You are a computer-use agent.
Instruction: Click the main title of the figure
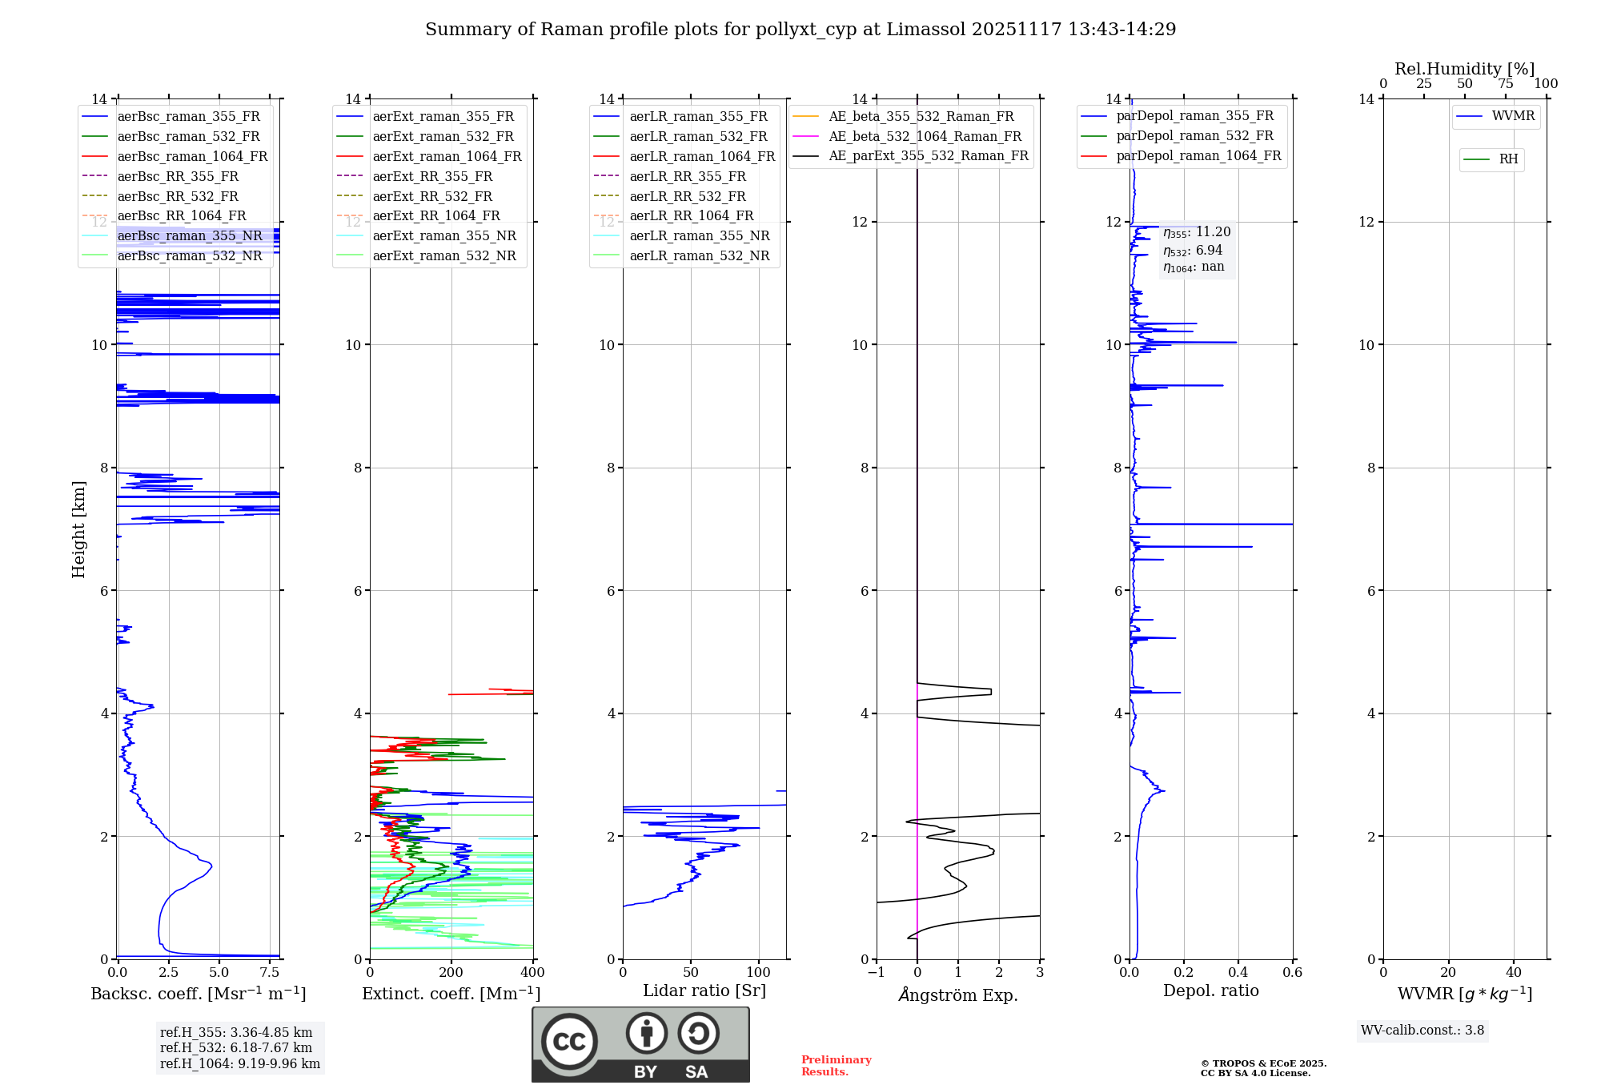800,30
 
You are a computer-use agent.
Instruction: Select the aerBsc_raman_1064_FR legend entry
192,156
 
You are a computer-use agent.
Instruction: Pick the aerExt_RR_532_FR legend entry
432,196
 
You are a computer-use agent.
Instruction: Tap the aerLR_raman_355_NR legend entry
699,235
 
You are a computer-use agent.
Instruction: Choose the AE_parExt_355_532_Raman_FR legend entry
928,155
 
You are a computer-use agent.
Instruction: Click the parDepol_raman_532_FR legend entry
1194,136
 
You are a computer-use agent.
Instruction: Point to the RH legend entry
1508,159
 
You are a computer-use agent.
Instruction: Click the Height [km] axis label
78,528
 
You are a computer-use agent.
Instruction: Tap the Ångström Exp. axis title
958,995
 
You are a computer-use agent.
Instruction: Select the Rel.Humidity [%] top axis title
1464,69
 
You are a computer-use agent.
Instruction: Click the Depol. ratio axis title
1210,991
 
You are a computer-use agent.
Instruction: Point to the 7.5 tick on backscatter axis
270,972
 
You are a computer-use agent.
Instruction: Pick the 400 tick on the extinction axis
532,972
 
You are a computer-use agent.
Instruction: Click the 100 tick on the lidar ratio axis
758,972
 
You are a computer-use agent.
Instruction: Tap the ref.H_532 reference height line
236,1047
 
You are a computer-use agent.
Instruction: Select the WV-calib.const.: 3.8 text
1422,1031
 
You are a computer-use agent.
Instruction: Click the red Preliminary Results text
836,1066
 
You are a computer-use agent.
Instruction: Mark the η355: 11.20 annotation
1197,232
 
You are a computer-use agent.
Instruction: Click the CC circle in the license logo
569,1041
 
